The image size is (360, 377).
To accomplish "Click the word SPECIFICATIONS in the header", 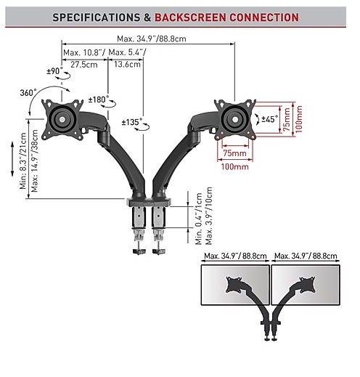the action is click(x=97, y=17).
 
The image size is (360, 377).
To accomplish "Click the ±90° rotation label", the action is click(x=54, y=71).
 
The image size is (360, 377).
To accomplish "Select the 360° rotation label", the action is click(x=28, y=92).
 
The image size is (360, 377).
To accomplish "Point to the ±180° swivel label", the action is click(x=99, y=100).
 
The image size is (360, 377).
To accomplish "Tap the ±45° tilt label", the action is click(x=269, y=119).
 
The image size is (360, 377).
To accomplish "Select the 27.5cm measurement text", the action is click(x=84, y=65).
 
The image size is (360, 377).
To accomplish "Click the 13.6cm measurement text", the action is click(x=127, y=64).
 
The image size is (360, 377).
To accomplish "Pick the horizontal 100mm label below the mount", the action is click(x=234, y=166).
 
